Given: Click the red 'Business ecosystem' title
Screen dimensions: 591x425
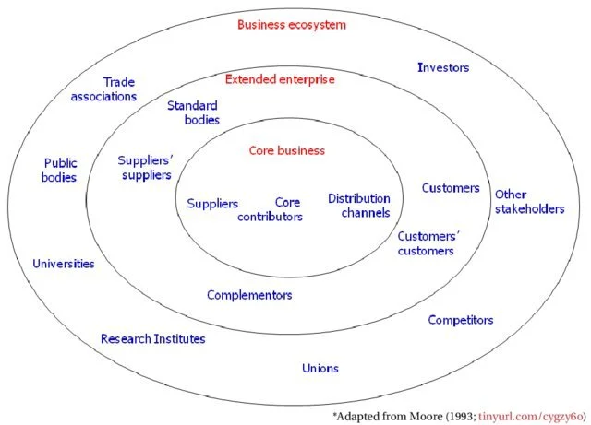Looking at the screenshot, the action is click(292, 25).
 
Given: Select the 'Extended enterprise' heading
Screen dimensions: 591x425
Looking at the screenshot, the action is click(280, 79).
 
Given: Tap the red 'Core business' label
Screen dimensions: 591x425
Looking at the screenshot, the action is click(287, 150).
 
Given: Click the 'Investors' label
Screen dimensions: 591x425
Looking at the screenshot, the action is click(443, 67).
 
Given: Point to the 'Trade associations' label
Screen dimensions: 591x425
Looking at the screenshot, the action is click(103, 89).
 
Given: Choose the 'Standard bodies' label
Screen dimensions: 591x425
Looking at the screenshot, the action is click(193, 112).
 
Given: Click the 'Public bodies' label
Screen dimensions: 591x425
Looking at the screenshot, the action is click(59, 171).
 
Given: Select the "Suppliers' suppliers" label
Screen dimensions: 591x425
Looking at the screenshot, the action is click(146, 168).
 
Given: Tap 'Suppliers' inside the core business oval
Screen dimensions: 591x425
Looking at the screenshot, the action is click(212, 204).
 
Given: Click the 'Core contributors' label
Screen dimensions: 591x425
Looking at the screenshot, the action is click(270, 209).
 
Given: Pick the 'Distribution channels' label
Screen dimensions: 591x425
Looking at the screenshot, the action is click(359, 206).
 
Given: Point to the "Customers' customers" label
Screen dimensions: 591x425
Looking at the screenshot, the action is click(428, 243).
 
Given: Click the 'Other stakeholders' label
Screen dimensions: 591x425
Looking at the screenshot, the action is click(529, 202).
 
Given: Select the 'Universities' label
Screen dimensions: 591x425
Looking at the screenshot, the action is click(64, 264).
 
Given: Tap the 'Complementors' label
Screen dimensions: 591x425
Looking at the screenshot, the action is click(249, 295).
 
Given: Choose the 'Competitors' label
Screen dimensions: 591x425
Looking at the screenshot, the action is click(461, 320).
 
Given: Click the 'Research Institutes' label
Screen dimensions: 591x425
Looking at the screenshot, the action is click(153, 339).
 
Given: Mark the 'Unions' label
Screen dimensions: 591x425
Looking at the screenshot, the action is click(320, 368).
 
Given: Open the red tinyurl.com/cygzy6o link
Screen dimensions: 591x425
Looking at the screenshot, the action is click(531, 417).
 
